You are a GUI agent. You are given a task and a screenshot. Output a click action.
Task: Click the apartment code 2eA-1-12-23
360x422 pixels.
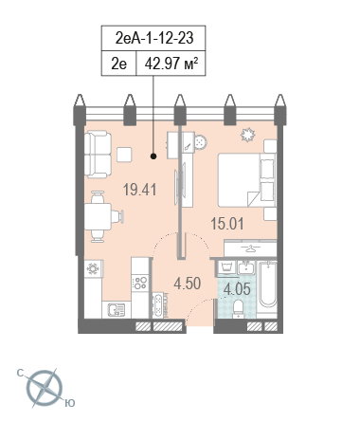point(154,38)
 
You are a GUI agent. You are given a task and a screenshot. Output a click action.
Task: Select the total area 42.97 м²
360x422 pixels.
point(171,64)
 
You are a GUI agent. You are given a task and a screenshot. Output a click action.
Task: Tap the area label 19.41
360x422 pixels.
point(140,190)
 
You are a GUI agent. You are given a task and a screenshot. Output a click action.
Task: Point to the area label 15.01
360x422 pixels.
point(227,224)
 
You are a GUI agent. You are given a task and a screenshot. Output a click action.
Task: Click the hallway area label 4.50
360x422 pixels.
point(188,284)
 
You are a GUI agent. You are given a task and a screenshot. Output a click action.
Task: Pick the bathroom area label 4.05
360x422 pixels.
point(237,289)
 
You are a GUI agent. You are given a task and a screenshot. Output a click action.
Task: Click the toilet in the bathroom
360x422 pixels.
point(238,309)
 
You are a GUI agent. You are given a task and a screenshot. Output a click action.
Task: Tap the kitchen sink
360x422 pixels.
point(116,309)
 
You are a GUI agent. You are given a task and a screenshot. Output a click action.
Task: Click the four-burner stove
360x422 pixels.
point(140,283)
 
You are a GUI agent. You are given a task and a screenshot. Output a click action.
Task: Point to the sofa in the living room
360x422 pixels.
point(98,155)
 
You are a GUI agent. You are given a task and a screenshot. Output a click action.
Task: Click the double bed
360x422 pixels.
point(247,180)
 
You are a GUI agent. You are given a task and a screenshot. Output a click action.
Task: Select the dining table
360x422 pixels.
point(98,216)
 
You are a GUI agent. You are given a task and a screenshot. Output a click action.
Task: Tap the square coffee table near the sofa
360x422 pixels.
point(124,155)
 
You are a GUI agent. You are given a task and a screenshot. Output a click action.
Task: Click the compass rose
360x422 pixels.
point(45,388)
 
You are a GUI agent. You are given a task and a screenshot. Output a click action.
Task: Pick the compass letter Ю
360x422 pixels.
point(70,403)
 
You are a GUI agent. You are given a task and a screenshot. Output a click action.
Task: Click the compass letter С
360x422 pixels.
point(20,374)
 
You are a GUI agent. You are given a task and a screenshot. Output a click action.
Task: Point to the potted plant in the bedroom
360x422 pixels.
point(247,135)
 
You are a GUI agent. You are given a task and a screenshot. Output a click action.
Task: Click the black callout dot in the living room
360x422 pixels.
point(153,156)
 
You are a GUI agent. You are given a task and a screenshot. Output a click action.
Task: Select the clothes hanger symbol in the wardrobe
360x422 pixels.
point(250,249)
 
